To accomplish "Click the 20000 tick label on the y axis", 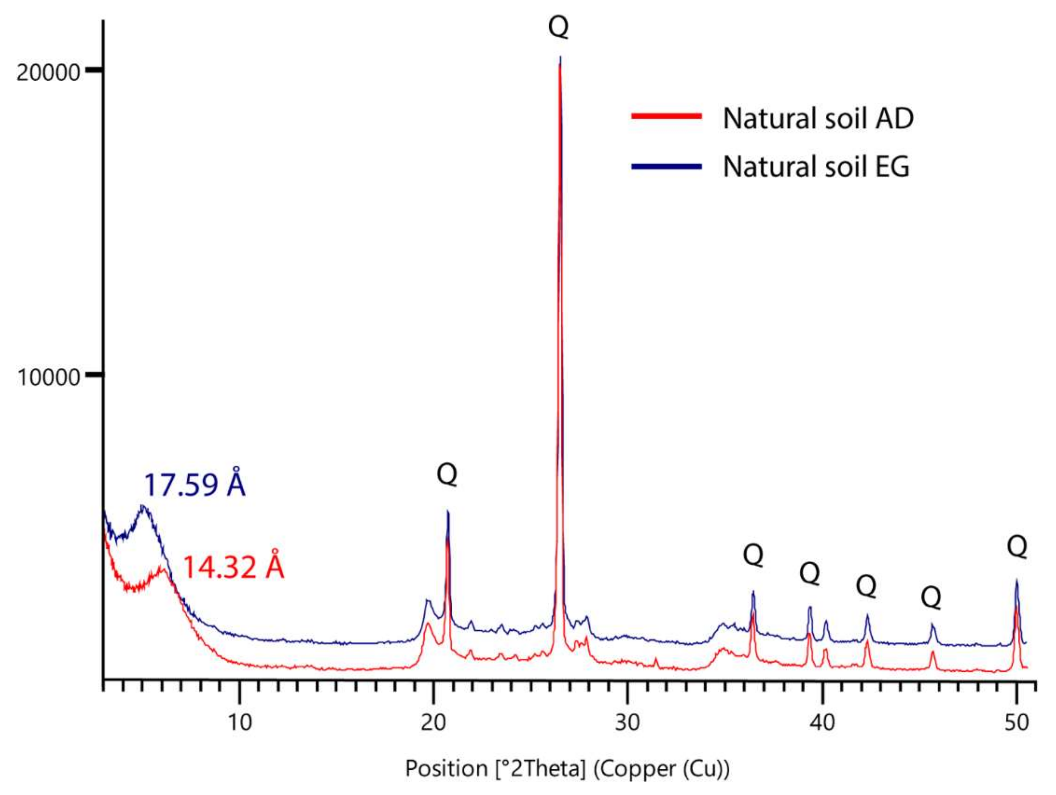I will pos(48,73).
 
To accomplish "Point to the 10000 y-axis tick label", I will pos(49,377).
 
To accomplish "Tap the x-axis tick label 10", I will pos(240,722).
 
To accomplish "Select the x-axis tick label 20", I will pos(433,722).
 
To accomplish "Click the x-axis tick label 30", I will pos(627,722).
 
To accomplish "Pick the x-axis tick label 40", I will pos(822,722).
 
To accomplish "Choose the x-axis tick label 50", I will pos(1016,722).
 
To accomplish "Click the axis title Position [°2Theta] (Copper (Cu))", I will pos(567,769).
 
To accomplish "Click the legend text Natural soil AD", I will pos(818,118).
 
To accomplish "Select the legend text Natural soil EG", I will pos(816,167).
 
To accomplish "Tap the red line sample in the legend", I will pos(667,116).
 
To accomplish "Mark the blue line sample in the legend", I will pos(667,166).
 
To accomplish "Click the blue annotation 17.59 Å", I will pos(195,485).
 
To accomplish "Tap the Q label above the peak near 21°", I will pos(447,475).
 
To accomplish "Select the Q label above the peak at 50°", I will pos(1017,546).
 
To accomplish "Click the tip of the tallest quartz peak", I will pos(560,58).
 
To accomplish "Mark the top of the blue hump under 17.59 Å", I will pos(142,506).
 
